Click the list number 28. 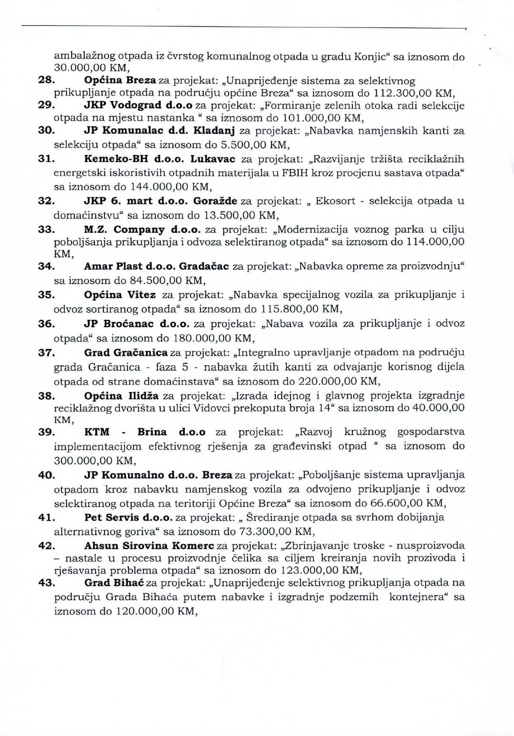pyautogui.click(x=45, y=80)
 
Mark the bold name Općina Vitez pyautogui.click(x=120, y=295)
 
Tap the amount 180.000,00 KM pyautogui.click(x=213, y=338)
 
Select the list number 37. pyautogui.click(x=45, y=352)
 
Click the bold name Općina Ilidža pyautogui.click(x=121, y=396)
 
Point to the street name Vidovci pyautogui.click(x=210, y=408)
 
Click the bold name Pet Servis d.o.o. pyautogui.click(x=128, y=517)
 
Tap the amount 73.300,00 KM pyautogui.click(x=276, y=531)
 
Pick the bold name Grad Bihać pyautogui.click(x=114, y=583)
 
